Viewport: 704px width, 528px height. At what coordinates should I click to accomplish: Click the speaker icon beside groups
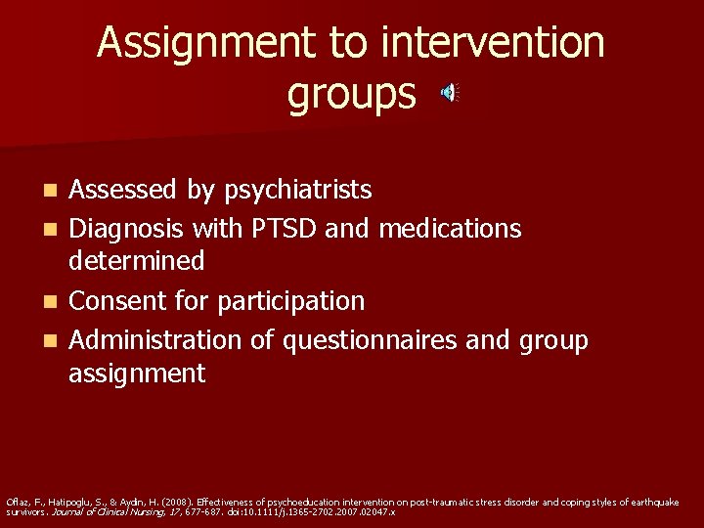coord(449,94)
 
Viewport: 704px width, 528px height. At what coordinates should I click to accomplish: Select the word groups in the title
coord(352,95)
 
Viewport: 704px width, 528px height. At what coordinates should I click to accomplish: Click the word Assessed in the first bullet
coord(124,189)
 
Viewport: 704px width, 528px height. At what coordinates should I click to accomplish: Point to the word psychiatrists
coord(297,189)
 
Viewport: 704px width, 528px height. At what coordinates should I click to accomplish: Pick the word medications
coord(450,229)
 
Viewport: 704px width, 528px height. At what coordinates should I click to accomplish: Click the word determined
coord(136,260)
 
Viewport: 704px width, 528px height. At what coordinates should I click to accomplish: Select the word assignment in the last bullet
coord(137,373)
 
